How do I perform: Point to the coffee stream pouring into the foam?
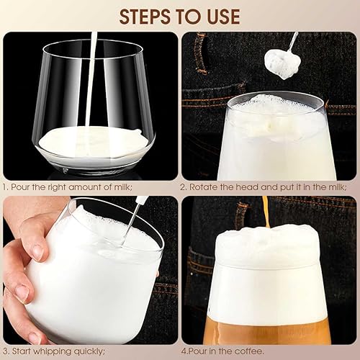[266, 212]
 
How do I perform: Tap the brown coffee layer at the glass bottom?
[266, 330]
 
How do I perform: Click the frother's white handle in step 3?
[141, 199]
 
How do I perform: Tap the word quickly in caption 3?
[89, 351]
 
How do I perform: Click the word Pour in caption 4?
[198, 351]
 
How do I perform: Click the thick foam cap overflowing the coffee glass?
[268, 246]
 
